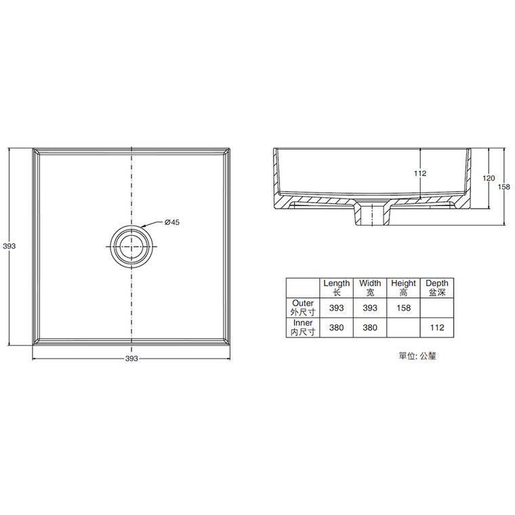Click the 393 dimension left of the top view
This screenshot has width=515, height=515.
[x=9, y=247]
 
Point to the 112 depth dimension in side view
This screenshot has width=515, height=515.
[x=419, y=174]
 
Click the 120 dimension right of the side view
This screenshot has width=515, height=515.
[x=488, y=178]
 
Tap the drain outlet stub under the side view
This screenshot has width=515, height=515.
[x=370, y=215]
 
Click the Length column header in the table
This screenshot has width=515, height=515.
[x=336, y=288]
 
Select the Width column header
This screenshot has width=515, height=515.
[x=370, y=288]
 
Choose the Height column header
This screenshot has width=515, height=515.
[x=403, y=288]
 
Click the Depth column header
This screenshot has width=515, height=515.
[x=437, y=288]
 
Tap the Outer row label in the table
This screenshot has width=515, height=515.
[x=303, y=308]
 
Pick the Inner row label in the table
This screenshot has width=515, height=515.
[x=303, y=328]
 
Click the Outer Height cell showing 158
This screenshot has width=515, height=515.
[x=403, y=308]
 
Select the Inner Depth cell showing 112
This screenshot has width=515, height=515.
[x=437, y=329]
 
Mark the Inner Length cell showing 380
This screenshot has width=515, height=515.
[x=336, y=329]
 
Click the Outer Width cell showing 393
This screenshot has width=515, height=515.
[x=370, y=308]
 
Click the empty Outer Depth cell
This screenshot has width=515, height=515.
[x=437, y=308]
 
